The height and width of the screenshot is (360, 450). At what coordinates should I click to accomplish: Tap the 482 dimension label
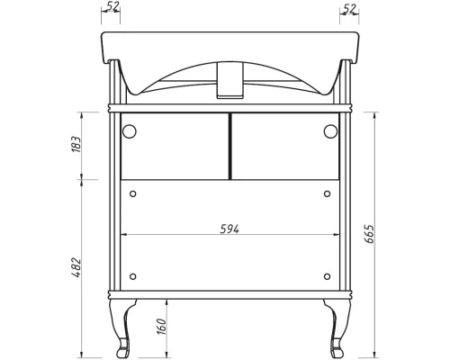pyautogui.click(x=77, y=266)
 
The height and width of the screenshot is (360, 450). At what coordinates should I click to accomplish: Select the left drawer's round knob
pyautogui.click(x=130, y=131)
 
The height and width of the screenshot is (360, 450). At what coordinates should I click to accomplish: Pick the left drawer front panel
pyautogui.click(x=173, y=146)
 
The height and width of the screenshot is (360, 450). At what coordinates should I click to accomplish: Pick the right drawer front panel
pyautogui.click(x=284, y=146)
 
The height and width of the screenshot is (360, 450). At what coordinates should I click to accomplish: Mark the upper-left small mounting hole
pyautogui.click(x=132, y=193)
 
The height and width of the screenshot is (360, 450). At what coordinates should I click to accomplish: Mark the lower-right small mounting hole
pyautogui.click(x=325, y=276)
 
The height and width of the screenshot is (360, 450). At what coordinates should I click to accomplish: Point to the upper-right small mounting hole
pyautogui.click(x=325, y=193)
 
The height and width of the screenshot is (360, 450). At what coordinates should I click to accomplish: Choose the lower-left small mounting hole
pyautogui.click(x=132, y=276)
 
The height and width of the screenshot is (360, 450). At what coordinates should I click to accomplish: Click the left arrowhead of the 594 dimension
pyautogui.click(x=123, y=236)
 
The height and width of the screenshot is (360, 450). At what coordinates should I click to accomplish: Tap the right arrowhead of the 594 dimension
pyautogui.click(x=335, y=236)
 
